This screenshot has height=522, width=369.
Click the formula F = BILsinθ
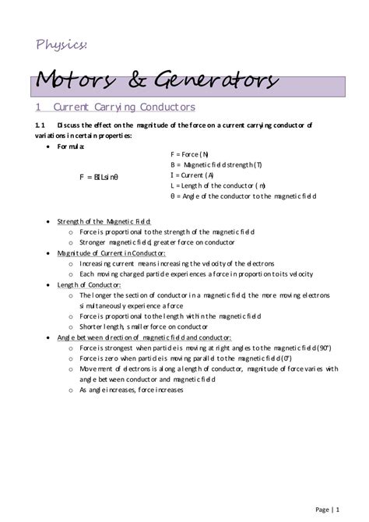pos(98,177)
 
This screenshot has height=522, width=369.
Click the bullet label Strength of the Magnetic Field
pos(104,221)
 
